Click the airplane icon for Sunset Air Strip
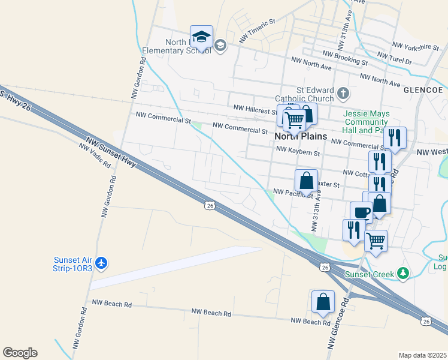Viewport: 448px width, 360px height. coord(102,263)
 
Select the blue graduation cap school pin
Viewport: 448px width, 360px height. coord(202,38)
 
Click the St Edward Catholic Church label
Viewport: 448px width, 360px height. coord(304,94)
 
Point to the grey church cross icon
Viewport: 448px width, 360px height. coord(343,93)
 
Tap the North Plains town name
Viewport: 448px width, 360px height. coord(301,136)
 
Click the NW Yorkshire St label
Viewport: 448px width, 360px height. coord(416,46)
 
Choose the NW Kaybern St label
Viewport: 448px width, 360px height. coord(297,152)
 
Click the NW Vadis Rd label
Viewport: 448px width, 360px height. coord(95,155)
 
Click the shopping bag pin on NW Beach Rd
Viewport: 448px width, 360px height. coord(323,302)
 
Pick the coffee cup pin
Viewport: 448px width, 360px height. coord(361,212)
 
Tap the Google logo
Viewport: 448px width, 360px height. coord(20,353)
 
